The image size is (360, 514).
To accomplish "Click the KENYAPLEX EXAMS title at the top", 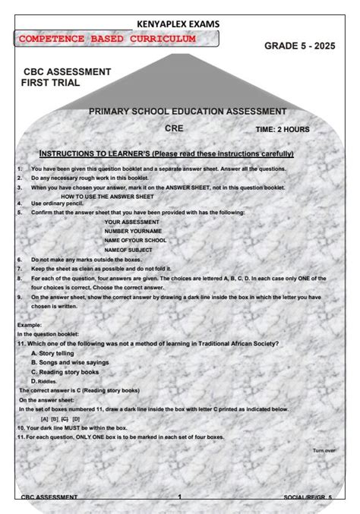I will pyautogui.click(x=178, y=24).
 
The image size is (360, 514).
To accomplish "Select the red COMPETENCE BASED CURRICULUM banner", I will pyautogui.click(x=107, y=39).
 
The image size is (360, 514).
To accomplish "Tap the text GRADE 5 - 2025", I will pyautogui.click(x=299, y=46).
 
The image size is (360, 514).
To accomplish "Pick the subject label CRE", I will pyautogui.click(x=174, y=128).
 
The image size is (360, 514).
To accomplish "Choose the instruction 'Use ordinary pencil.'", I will pyautogui.click(x=58, y=203).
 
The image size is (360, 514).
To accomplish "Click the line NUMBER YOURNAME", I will pyautogui.click(x=133, y=231).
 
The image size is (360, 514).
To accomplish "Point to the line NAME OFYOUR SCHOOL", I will pyautogui.click(x=136, y=240).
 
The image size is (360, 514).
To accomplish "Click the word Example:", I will pyautogui.click(x=30, y=325).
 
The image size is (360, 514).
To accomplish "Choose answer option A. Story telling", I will pyautogui.click(x=53, y=353).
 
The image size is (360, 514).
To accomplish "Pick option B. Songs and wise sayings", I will pyautogui.click(x=70, y=362).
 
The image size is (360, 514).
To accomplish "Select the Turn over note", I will pyautogui.click(x=324, y=450).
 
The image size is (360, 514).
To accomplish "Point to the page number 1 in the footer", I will pyautogui.click(x=180, y=497).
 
